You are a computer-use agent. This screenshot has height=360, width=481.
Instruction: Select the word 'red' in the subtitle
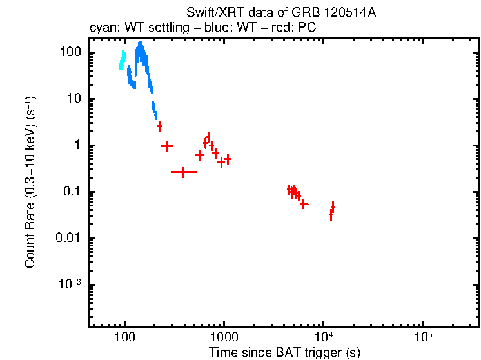pyautogui.click(x=284, y=28)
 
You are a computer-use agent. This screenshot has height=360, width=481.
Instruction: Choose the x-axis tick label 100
pyautogui.click(x=124, y=337)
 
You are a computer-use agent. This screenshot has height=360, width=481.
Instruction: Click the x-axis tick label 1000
pyautogui.click(x=224, y=337)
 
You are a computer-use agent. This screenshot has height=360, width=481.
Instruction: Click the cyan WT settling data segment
pyautogui.click(x=122, y=60)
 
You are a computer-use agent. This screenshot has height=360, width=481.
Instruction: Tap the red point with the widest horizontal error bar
pyautogui.click(x=184, y=172)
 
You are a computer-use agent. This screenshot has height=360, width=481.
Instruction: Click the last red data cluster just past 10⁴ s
pyautogui.click(x=331, y=211)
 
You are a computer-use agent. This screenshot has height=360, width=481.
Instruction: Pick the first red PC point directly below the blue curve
pyautogui.click(x=159, y=126)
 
